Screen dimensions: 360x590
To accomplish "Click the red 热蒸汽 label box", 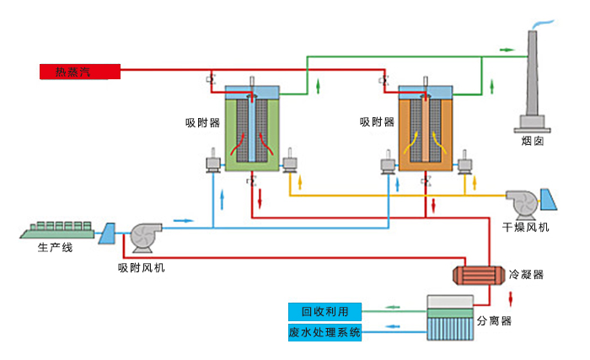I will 80,72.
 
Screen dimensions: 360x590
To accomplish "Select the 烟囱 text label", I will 533,142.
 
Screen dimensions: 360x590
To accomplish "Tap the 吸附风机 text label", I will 142,268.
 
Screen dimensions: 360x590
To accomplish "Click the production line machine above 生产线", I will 59,228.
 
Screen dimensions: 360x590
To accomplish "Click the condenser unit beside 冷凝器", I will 475,275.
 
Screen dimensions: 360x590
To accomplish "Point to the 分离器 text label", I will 495,320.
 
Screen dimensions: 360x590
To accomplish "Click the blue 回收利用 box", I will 324,310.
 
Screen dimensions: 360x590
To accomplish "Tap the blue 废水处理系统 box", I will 324,332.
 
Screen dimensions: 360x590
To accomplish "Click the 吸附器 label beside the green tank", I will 202,122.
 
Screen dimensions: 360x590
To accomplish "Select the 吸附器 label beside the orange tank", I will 377,122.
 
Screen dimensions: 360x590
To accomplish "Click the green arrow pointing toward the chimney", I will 506,50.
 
